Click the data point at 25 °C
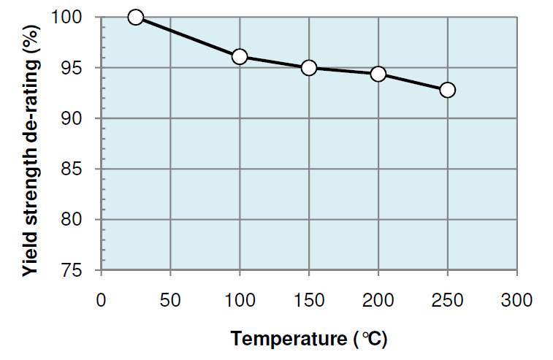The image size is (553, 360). pos(135,17)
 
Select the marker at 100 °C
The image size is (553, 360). pos(239,57)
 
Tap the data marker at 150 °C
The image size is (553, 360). pos(308,68)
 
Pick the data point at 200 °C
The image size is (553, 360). pos(378,74)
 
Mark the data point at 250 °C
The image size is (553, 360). pos(447,90)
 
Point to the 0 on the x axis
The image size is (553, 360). pos(101,299)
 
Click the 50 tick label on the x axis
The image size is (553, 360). pos(170,299)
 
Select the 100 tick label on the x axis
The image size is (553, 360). pos(240,299)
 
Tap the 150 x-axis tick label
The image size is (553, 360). pos(309,299)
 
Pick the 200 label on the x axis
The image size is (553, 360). pos(378,299)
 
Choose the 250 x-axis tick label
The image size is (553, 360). pos(447,299)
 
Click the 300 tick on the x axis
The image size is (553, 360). pos(516,299)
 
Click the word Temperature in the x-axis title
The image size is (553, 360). pos(289,340)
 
